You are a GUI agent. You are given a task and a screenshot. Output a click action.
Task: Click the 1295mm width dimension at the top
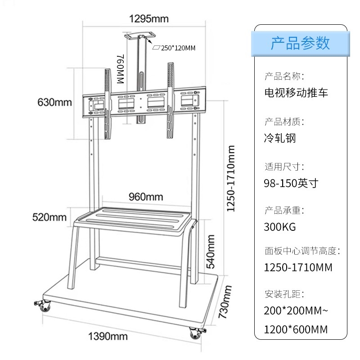point(148,19)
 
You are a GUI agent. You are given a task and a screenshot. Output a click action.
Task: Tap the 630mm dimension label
point(54,102)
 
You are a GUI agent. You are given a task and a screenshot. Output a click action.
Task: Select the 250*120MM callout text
point(177,48)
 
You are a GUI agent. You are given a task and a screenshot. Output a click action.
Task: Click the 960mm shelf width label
point(146,197)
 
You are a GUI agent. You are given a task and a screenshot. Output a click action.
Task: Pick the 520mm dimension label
point(49,217)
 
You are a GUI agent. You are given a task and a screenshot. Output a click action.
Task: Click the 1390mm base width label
point(108,336)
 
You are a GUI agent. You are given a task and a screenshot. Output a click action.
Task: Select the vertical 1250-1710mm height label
point(231,178)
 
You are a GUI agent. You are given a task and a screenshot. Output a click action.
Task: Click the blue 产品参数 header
point(300,43)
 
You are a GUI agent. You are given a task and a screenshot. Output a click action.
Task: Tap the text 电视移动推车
point(296,93)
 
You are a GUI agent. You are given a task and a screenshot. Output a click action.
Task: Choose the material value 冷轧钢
point(280,138)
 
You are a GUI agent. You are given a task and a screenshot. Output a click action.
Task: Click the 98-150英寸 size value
point(291,183)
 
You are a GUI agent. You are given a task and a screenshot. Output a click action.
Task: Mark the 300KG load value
point(280,227)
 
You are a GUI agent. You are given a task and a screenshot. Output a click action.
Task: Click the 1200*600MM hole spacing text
point(296,329)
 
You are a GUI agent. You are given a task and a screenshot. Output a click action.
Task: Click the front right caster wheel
point(195,333)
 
